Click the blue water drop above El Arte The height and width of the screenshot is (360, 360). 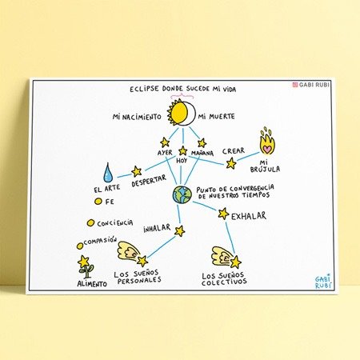tap(107, 173)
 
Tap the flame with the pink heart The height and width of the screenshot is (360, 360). tap(267, 142)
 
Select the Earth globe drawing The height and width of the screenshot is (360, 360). tap(182, 195)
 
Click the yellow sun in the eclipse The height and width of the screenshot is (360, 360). tap(177, 112)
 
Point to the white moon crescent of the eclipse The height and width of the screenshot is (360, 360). tap(190, 113)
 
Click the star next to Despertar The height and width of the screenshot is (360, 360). tap(136, 171)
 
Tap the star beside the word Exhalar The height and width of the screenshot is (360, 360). tap(223, 214)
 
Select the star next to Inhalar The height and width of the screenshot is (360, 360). tap(180, 231)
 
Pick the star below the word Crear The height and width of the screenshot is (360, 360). tap(231, 163)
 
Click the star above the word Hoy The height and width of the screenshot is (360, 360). tap(183, 150)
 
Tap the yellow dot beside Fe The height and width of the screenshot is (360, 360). tap(98, 202)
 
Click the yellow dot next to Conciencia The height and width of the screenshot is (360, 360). tap(90, 223)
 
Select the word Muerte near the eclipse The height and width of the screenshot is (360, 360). tap(222, 117)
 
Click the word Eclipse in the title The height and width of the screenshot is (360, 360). tap(144, 89)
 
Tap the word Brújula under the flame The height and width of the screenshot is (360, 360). tap(265, 169)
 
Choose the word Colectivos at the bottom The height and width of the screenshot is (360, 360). tap(224, 282)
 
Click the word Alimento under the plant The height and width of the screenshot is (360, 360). tap(92, 284)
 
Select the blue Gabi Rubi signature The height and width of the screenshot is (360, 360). tap(323, 282)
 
